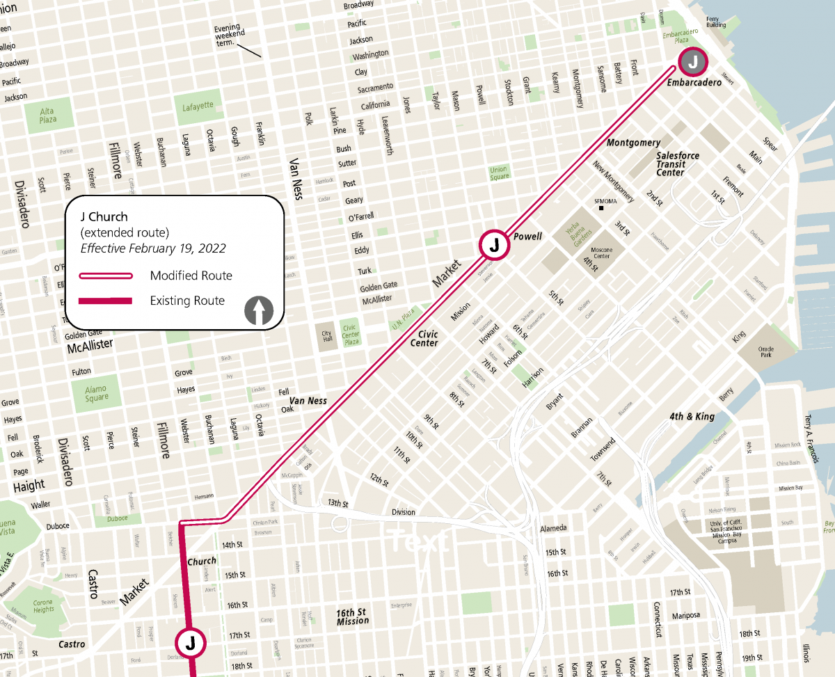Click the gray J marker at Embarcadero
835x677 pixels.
click(692, 62)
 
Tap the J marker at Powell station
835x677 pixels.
click(494, 245)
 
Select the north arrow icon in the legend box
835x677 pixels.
click(260, 310)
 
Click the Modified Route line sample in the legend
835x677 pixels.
click(106, 276)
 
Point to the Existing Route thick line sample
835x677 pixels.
click(106, 301)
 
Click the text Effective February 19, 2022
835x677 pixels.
click(153, 248)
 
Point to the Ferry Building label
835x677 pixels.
click(716, 22)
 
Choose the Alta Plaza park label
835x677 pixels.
click(47, 115)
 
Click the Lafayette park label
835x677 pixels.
click(198, 106)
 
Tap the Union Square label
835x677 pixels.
click(498, 173)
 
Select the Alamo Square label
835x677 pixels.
click(96, 393)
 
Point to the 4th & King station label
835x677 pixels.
click(692, 416)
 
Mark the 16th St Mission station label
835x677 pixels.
click(352, 616)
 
